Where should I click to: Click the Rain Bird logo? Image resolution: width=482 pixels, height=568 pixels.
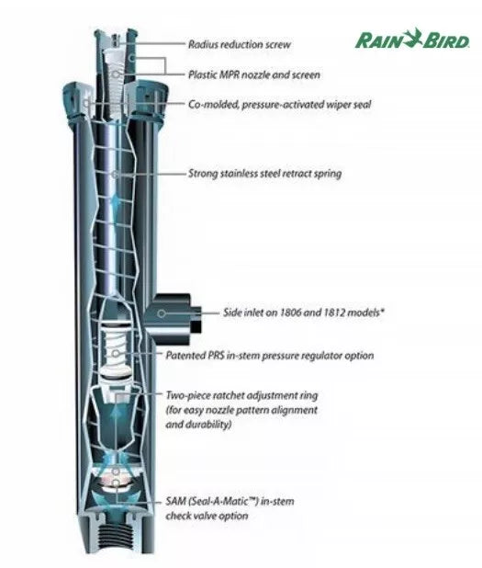click(x=412, y=39)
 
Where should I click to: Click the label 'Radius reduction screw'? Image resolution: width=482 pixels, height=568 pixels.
click(x=240, y=44)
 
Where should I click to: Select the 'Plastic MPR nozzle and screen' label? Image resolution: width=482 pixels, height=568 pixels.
click(x=254, y=74)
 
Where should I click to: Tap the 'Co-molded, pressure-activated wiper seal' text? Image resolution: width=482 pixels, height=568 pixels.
click(x=279, y=105)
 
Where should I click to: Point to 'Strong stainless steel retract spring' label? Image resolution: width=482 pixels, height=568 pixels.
click(x=264, y=173)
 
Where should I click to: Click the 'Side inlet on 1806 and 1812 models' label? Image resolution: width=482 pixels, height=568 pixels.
click(x=303, y=312)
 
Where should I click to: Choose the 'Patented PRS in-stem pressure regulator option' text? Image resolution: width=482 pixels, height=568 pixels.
click(x=270, y=356)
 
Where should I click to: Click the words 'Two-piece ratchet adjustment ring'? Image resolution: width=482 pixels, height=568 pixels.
click(x=241, y=395)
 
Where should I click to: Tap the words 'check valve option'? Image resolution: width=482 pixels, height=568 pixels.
click(x=207, y=516)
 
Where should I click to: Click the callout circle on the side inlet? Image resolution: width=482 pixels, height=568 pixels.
click(x=162, y=313)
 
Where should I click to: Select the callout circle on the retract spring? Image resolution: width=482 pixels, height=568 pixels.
click(x=115, y=175)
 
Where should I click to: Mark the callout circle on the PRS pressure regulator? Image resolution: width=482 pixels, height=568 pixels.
click(x=115, y=354)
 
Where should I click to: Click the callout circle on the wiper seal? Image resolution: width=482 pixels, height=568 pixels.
click(x=85, y=103)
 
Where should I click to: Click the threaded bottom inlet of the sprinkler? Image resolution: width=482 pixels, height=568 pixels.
click(x=116, y=535)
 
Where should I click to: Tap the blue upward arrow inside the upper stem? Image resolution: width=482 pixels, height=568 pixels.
click(x=115, y=205)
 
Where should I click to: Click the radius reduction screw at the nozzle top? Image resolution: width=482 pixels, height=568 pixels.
click(x=116, y=40)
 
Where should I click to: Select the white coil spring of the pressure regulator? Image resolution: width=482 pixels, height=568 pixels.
click(x=115, y=350)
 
